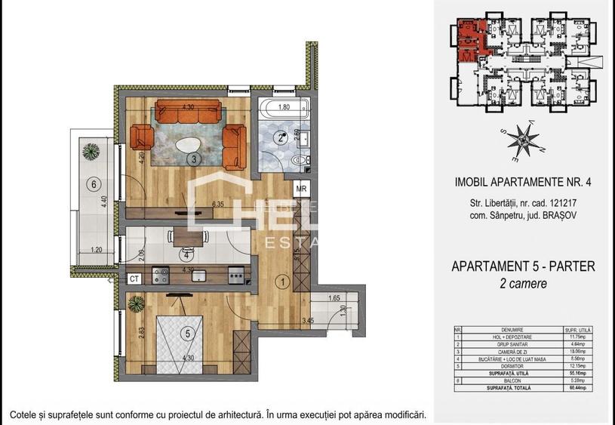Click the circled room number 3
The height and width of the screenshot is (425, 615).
(194, 159)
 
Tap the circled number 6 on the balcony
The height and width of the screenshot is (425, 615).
(94, 183)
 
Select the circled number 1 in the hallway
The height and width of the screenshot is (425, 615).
(282, 282)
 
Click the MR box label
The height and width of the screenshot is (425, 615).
(301, 189)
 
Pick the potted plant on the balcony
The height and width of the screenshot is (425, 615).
(92, 149)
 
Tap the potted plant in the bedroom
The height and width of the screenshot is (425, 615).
(137, 304)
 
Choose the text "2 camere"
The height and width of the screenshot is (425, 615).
(523, 284)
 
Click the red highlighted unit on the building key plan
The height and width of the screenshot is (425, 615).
(469, 42)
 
